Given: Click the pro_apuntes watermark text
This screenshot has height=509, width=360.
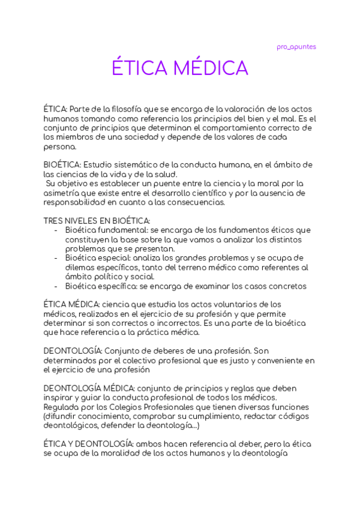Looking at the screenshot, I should click(x=296, y=47).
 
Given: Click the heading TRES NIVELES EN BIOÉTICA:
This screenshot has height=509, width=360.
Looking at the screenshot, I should click(x=97, y=221).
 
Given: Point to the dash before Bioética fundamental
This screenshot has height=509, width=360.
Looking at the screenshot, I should click(x=56, y=230).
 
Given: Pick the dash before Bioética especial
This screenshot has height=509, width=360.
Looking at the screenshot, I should click(x=56, y=258).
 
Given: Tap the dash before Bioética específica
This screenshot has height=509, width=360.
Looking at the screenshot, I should click(x=56, y=286).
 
